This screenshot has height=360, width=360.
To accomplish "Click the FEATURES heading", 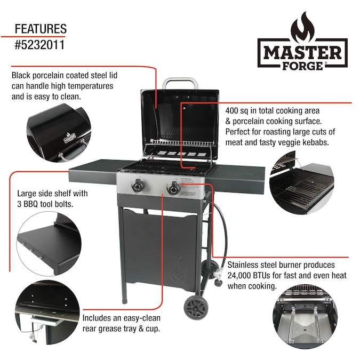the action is click(x=41, y=29).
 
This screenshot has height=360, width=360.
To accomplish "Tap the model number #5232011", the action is click(x=39, y=45).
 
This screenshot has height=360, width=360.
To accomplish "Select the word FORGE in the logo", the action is click(x=302, y=66).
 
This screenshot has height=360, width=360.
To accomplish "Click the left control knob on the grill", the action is click(x=138, y=186).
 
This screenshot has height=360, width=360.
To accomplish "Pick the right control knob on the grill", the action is click(x=174, y=188).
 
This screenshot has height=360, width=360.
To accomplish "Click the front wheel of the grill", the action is click(x=195, y=308).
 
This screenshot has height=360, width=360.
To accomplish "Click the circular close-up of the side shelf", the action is click(x=49, y=244).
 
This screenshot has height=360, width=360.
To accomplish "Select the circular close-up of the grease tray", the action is click(x=48, y=312).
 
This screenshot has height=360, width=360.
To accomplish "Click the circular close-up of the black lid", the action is click(x=59, y=133).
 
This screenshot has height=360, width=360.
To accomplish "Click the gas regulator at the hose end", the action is click(x=218, y=277).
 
